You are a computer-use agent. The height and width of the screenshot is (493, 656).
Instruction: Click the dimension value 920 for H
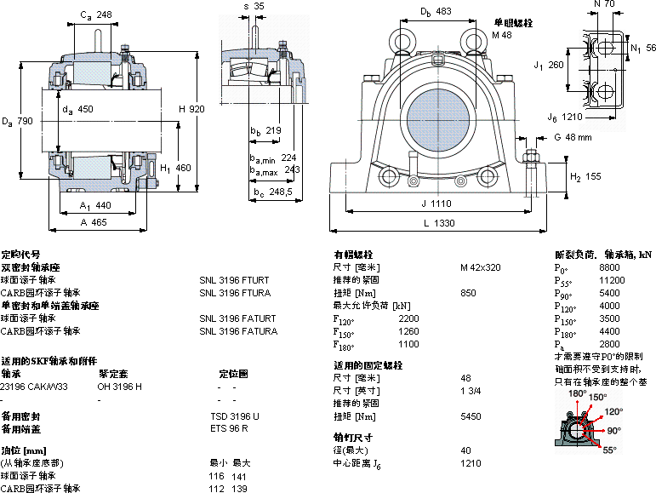pos(197,109)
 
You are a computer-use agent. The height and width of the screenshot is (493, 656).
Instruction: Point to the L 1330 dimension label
pos(438,222)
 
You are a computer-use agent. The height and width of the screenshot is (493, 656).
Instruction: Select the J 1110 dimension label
pos(438,204)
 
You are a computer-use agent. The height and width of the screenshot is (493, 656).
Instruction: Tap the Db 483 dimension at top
pos(436,12)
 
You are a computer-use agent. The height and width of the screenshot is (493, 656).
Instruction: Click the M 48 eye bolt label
pos(503,35)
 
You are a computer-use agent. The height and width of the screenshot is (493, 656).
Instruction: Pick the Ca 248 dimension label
pos(96,14)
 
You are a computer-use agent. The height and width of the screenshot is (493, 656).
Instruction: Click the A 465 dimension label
pos(93,222)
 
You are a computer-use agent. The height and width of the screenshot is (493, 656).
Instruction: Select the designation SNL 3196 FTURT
pos(234,279)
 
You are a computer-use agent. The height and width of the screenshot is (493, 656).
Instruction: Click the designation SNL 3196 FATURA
pos(238,330)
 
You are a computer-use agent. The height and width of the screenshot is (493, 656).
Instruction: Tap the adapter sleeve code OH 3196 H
pos(120,386)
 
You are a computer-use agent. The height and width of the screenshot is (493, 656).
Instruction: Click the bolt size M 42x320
pos(481,267)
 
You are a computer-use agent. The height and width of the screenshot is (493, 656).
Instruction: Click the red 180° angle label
pos(579,394)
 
